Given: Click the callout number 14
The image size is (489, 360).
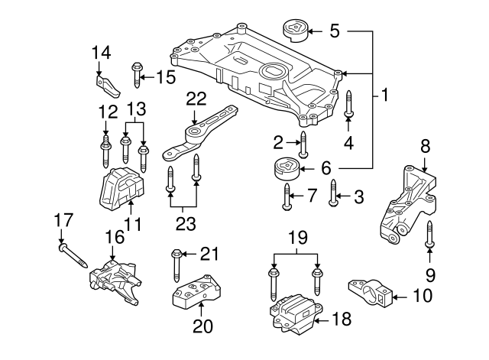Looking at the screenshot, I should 102,52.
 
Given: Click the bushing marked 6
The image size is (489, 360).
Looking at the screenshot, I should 284,170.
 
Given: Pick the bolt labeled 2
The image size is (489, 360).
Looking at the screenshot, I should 303,144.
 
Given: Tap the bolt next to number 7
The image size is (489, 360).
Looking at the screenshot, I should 287,196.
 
